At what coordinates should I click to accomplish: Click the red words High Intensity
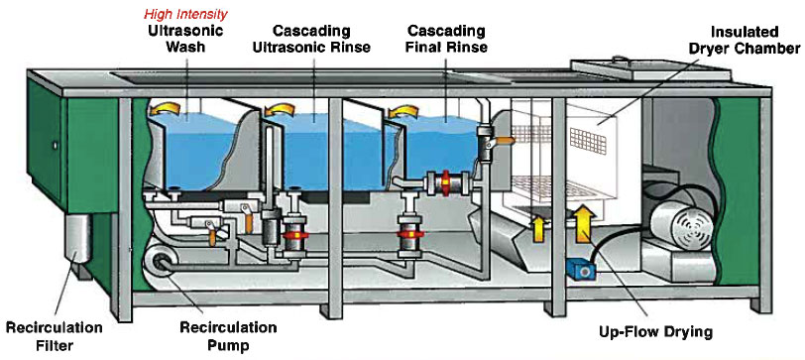[x=185, y=13]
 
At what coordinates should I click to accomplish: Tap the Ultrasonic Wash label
[x=185, y=39]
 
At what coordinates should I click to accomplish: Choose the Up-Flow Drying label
[x=655, y=332]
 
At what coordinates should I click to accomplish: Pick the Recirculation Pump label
[x=228, y=336]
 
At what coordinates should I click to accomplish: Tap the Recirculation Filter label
[x=54, y=336]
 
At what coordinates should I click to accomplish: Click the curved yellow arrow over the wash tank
[x=165, y=108]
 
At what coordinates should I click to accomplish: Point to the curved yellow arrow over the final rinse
[x=404, y=110]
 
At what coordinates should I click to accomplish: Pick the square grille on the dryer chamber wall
[x=587, y=140]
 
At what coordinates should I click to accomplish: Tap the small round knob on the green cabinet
[x=55, y=147]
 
